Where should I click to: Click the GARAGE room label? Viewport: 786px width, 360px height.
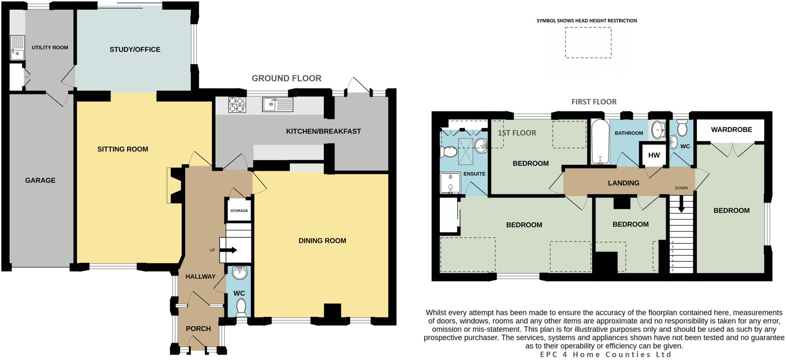pos(40,180)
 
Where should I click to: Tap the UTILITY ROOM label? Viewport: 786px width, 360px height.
pos(50,48)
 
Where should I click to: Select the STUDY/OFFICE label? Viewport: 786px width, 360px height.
pos(135,50)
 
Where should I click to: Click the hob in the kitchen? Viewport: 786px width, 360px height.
pos(237,104)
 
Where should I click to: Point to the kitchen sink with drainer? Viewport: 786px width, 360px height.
pos(277,104)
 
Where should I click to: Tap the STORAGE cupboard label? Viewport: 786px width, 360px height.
pos(239,211)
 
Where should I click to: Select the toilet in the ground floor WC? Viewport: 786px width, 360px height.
pos(241,307)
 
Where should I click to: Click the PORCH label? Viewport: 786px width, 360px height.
pos(198,329)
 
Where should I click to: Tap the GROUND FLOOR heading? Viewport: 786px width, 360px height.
pos(286,78)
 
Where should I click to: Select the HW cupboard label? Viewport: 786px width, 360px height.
pos(654,155)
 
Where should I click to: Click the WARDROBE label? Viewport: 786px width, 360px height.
pos(732,130)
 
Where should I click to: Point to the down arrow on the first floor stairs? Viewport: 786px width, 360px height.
pos(681,205)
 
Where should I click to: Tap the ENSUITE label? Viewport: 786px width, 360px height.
pos(474,174)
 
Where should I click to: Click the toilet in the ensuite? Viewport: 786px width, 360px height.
pos(448,152)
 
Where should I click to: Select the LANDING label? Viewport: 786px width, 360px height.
pos(623,183)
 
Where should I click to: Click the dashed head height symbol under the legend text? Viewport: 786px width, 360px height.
pos(588,43)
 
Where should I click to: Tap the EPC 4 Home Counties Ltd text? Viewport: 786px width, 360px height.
pos(606,355)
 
